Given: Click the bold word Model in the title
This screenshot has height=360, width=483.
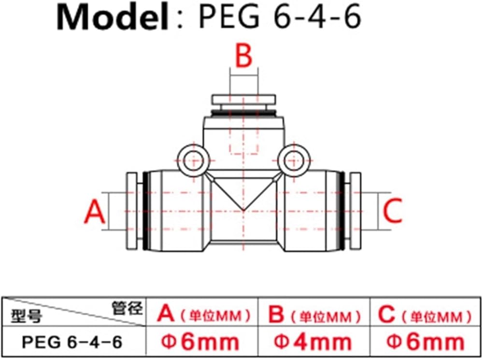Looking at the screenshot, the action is coord(113,17).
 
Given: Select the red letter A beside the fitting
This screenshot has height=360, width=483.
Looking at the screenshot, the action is coord(95,211).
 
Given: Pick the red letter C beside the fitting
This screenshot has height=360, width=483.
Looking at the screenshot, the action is coord(392,211).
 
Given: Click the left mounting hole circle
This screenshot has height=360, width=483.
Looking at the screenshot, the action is coord(194,160).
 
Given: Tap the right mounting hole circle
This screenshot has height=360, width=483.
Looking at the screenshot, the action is coord(293,160).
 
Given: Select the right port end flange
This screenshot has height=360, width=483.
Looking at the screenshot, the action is coord(355,211).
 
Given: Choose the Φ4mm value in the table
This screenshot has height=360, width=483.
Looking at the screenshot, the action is coord(313,342).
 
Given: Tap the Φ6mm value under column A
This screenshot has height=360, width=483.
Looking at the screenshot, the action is coord(200,342).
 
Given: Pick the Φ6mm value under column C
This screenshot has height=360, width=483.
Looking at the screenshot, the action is coord(426,342).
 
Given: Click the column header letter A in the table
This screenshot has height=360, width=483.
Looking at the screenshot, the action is coord(166,314).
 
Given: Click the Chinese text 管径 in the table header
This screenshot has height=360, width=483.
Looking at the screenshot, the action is coord(127,308).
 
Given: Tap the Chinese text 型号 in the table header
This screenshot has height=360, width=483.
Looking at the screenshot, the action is coord(27,316).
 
